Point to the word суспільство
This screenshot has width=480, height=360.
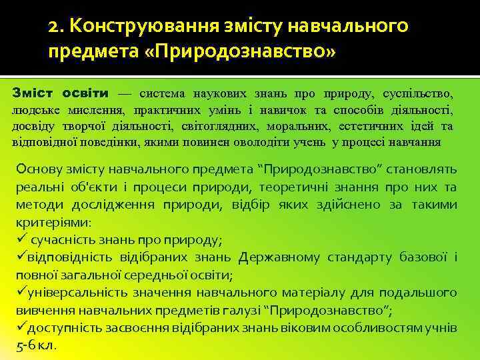(422, 94)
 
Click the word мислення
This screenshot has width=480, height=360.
(92, 110)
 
